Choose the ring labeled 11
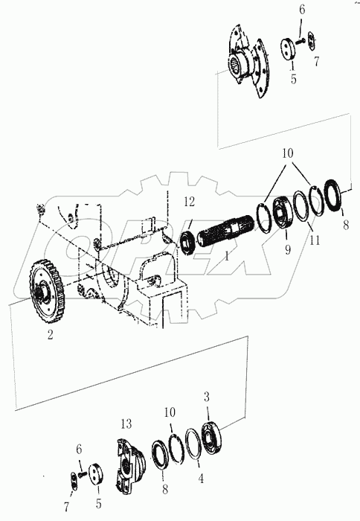(301, 206)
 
